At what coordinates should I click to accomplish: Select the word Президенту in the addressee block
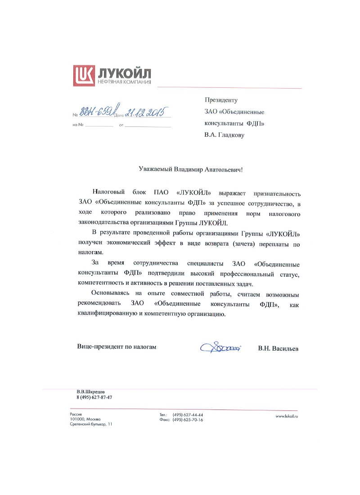[x=220, y=100]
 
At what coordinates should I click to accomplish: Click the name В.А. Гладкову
[x=224, y=135]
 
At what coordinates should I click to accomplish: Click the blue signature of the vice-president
[x=221, y=347]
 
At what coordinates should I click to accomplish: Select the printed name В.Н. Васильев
[x=278, y=348]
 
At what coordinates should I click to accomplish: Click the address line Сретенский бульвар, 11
[x=91, y=424]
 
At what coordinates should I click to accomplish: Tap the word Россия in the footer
[x=76, y=414]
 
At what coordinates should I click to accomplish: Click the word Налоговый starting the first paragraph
[x=109, y=193]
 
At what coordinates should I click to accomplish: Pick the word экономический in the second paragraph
[x=133, y=243]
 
